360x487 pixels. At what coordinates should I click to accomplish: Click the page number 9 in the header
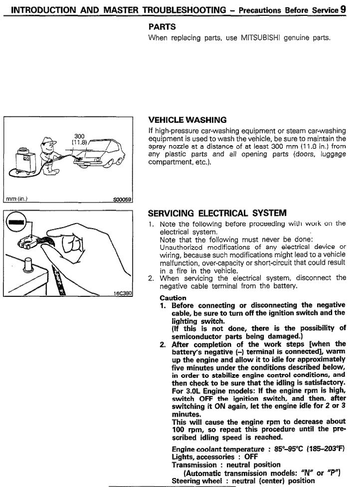344,9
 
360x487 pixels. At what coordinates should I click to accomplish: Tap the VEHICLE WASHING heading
187,120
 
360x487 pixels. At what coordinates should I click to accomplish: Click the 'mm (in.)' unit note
17,199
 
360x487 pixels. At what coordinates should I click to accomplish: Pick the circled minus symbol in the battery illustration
16,221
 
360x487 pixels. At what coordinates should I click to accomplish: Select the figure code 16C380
123,293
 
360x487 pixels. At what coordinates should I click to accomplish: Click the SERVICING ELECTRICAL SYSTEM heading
217,213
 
